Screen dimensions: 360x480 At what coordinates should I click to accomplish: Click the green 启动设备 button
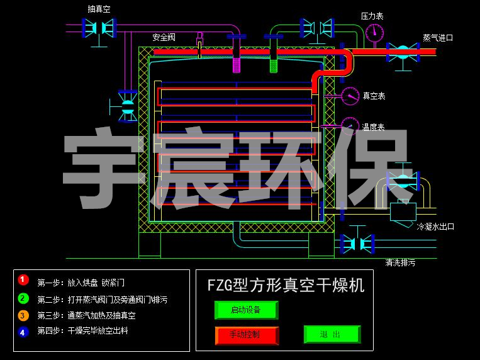pos(246,310)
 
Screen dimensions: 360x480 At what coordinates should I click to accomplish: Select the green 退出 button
pos(332,334)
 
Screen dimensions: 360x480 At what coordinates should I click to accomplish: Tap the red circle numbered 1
pos(23,279)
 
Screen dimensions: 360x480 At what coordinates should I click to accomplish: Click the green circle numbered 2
pos(23,298)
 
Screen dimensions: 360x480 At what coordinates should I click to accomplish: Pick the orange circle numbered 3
pos(23,315)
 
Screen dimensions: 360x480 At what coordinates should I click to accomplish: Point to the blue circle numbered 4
pos(23,332)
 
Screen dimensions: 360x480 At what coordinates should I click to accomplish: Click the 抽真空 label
pos(99,9)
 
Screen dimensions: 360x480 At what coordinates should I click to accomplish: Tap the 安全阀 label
pos(164,38)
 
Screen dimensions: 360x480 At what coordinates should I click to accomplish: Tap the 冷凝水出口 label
pos(435,227)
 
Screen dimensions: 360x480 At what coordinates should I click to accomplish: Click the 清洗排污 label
pos(400,262)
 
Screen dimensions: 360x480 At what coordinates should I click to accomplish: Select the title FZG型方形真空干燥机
pos(286,285)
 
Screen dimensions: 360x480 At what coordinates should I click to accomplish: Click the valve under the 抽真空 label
pos(99,26)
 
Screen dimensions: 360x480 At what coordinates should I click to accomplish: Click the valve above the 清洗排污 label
pos(357,243)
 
